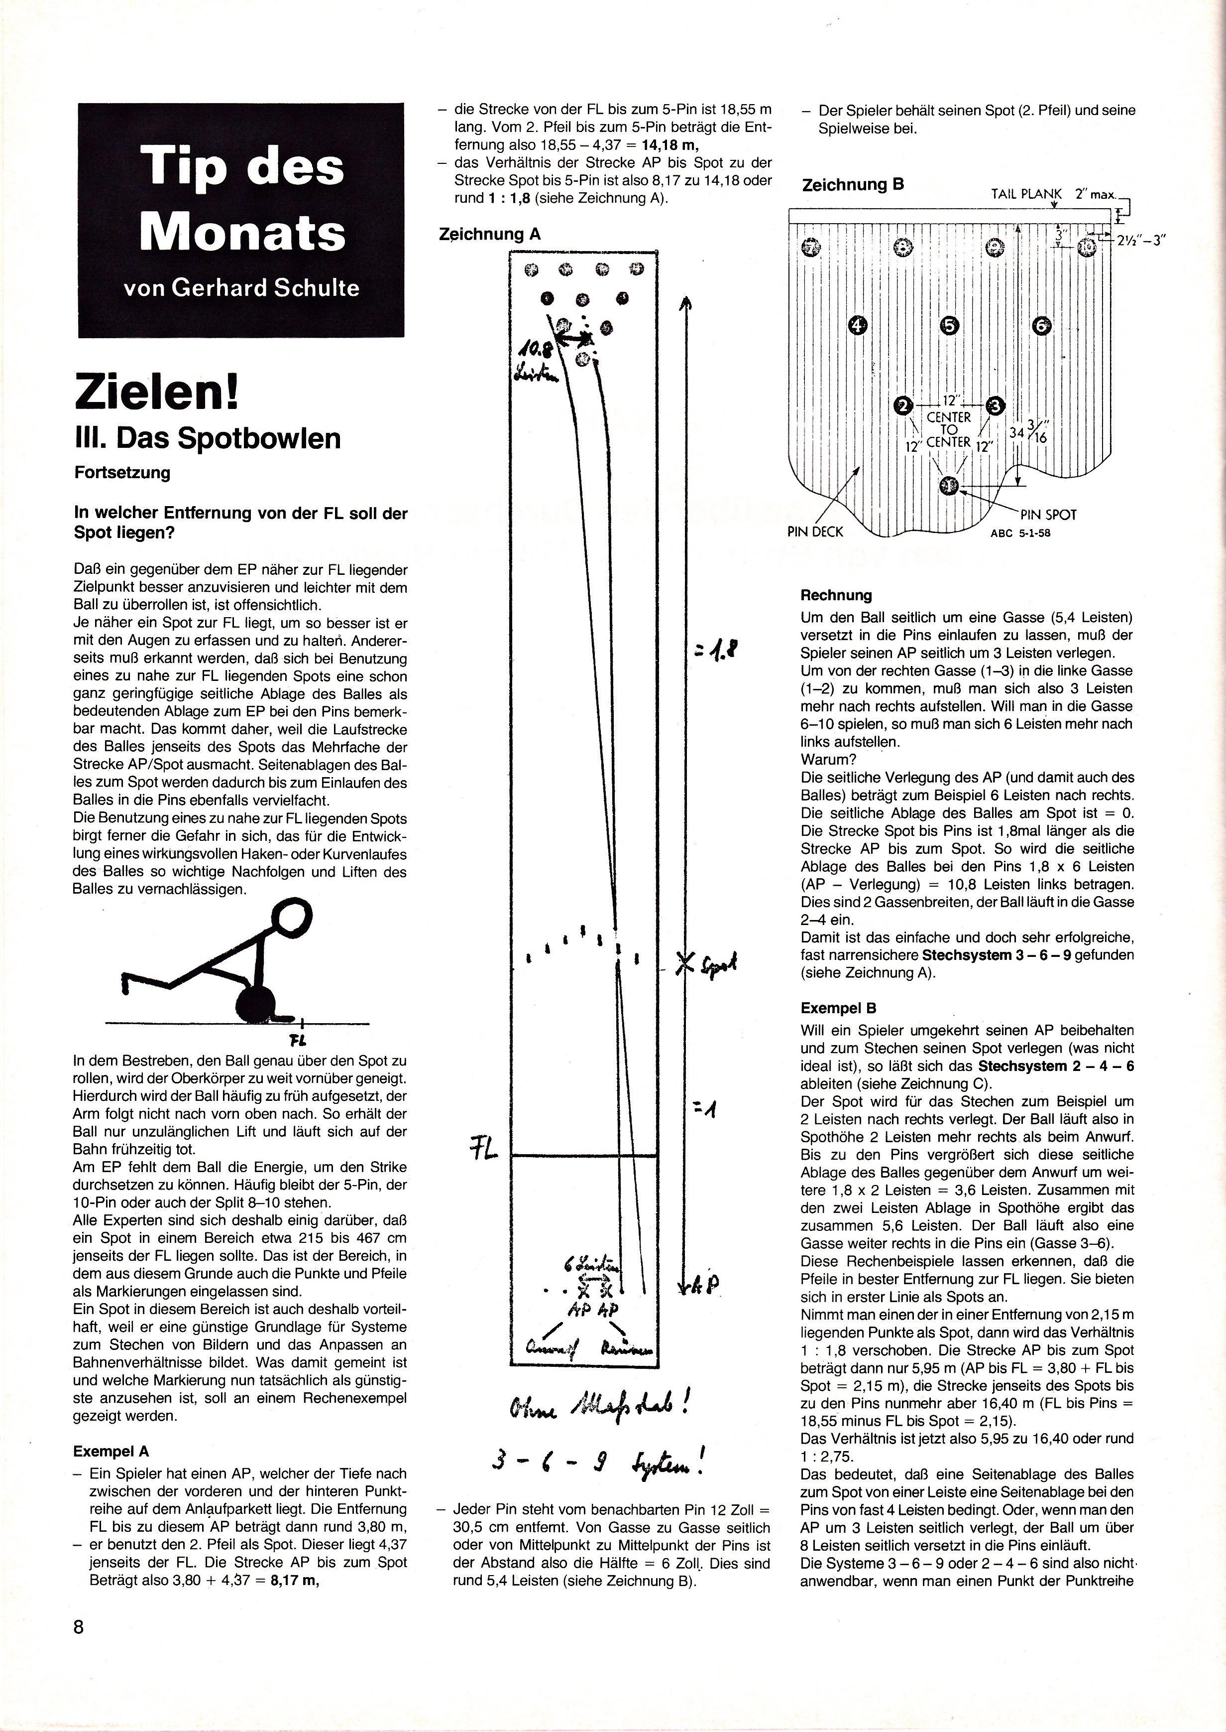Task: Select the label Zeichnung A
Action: pyautogui.click(x=490, y=234)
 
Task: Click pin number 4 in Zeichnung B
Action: pyautogui.click(x=858, y=326)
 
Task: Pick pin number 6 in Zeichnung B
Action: pyautogui.click(x=1041, y=326)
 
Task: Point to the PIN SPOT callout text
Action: pyautogui.click(x=1049, y=515)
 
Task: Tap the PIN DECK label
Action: pyautogui.click(x=814, y=531)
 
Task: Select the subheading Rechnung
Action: pyautogui.click(x=836, y=595)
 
